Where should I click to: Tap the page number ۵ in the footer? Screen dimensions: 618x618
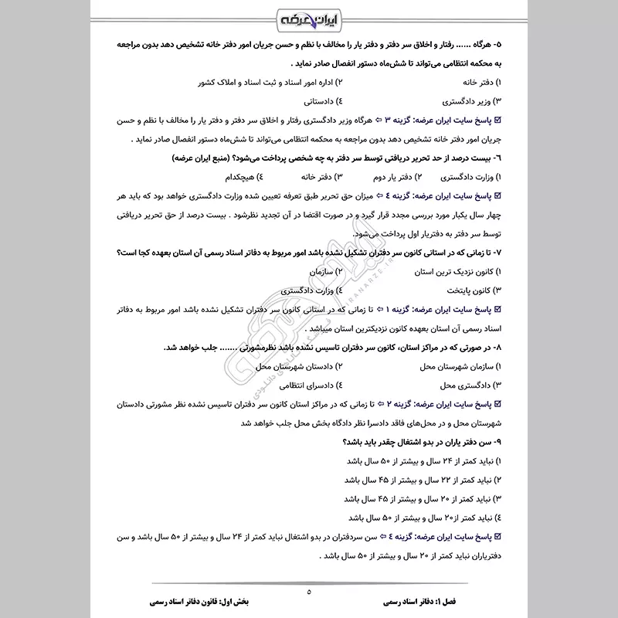[x=308, y=593]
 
